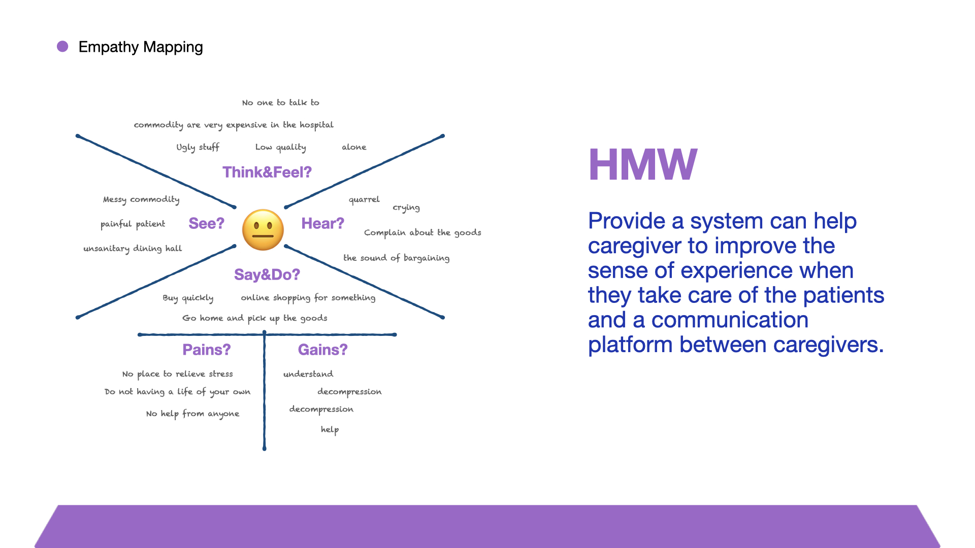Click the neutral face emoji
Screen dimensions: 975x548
pyautogui.click(x=263, y=230)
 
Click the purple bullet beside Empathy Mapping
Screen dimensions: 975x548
pyautogui.click(x=62, y=47)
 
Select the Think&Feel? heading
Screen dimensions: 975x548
pyautogui.click(x=267, y=173)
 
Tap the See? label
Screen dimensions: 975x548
pyautogui.click(x=206, y=223)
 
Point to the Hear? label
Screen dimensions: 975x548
pyautogui.click(x=322, y=223)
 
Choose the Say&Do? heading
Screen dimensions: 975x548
pyautogui.click(x=267, y=275)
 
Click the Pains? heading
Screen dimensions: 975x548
pyautogui.click(x=207, y=350)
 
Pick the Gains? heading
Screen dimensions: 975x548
pyautogui.click(x=322, y=350)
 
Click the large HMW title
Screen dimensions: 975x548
pyautogui.click(x=643, y=164)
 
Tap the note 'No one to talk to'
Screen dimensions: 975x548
pyautogui.click(x=281, y=102)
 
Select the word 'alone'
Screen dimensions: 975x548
pyautogui.click(x=354, y=147)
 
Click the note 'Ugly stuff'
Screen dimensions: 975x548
pyautogui.click(x=198, y=147)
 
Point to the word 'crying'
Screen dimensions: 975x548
pyautogui.click(x=406, y=208)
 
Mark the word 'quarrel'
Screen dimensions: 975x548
pyautogui.click(x=364, y=199)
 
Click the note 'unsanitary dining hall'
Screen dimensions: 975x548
pyautogui.click(x=133, y=248)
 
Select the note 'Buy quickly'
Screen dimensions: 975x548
pyautogui.click(x=188, y=298)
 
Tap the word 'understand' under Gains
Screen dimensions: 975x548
pyautogui.click(x=308, y=374)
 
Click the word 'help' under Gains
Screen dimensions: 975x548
pyautogui.click(x=330, y=429)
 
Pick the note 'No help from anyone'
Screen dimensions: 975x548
pyautogui.click(x=192, y=414)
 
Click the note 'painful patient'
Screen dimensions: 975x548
pyautogui.click(x=133, y=224)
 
